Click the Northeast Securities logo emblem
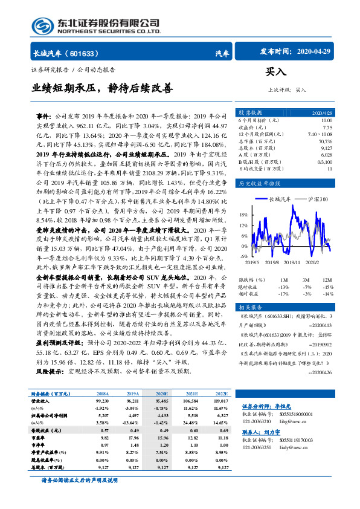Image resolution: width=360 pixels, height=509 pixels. [x=40, y=24]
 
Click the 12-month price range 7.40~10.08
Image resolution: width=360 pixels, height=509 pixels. [x=319, y=134]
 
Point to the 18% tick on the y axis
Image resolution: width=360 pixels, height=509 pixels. [x=244, y=215]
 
